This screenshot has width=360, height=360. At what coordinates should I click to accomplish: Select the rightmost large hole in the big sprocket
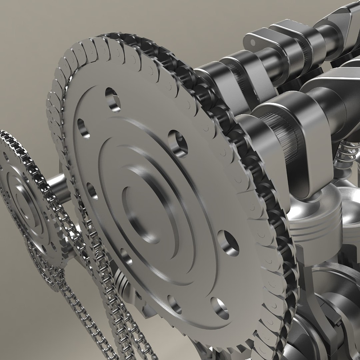(x=229, y=243)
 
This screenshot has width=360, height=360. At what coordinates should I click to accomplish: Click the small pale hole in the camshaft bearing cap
(x=253, y=43)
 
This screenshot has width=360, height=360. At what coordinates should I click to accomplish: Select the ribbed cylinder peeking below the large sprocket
(x=122, y=283)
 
